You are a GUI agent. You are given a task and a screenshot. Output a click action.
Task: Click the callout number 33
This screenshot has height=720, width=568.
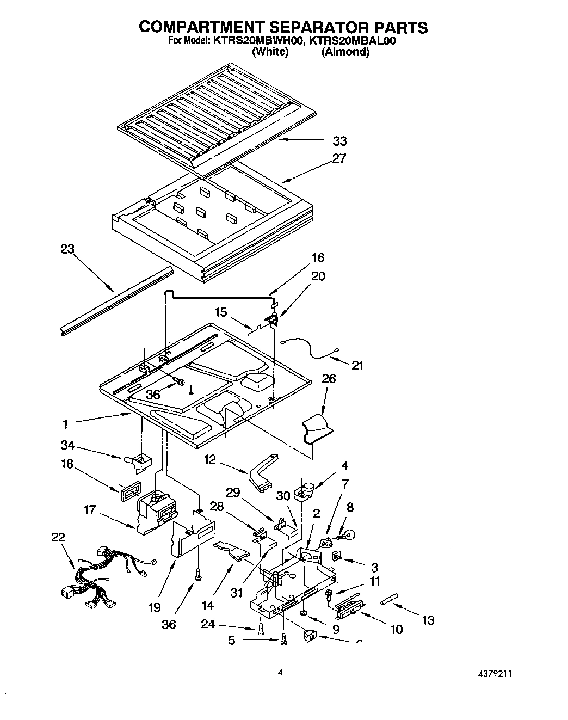[339, 141]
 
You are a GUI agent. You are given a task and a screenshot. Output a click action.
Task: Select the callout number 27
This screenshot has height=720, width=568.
[339, 159]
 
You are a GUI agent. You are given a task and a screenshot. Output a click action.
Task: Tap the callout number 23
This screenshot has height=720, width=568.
[67, 249]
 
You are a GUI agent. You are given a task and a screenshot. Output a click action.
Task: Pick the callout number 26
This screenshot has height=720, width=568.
[329, 378]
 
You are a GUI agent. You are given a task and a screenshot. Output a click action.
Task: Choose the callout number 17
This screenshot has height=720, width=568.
[90, 510]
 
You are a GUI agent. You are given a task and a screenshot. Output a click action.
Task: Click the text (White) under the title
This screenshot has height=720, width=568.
[270, 52]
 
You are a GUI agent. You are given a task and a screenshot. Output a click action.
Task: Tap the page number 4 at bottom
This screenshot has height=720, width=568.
[281, 673]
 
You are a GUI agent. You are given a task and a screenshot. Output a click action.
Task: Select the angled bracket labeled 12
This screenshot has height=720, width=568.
[263, 470]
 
